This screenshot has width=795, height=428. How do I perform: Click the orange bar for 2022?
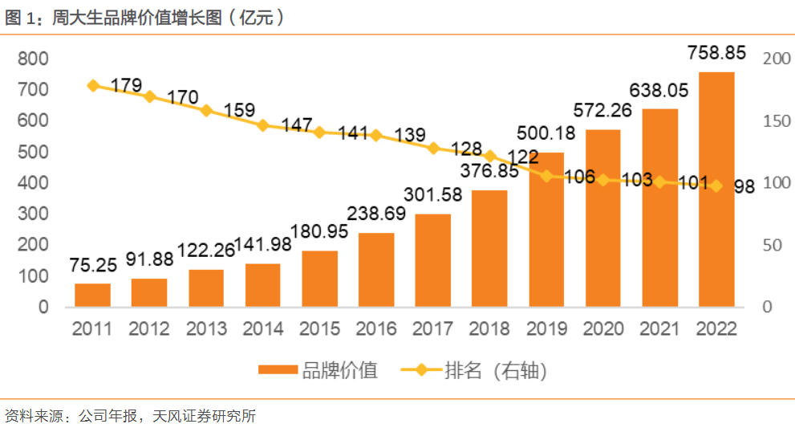point(716,190)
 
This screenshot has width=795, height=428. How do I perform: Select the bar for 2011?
point(93,295)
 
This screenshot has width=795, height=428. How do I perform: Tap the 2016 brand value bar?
point(376,270)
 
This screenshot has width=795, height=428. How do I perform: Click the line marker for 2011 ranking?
point(93,85)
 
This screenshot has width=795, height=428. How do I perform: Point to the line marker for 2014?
point(262,125)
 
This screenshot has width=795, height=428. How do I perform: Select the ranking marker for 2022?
point(716,185)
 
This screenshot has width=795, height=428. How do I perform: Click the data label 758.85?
point(716,53)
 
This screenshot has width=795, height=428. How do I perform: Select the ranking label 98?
point(744,186)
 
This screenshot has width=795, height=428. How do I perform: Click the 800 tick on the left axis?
point(33,59)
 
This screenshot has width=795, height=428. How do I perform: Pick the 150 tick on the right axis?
point(777,121)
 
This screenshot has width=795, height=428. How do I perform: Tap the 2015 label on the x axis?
point(319,329)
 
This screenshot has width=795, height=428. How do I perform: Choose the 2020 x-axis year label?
point(602,329)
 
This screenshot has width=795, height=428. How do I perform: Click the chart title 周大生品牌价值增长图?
point(136,18)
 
